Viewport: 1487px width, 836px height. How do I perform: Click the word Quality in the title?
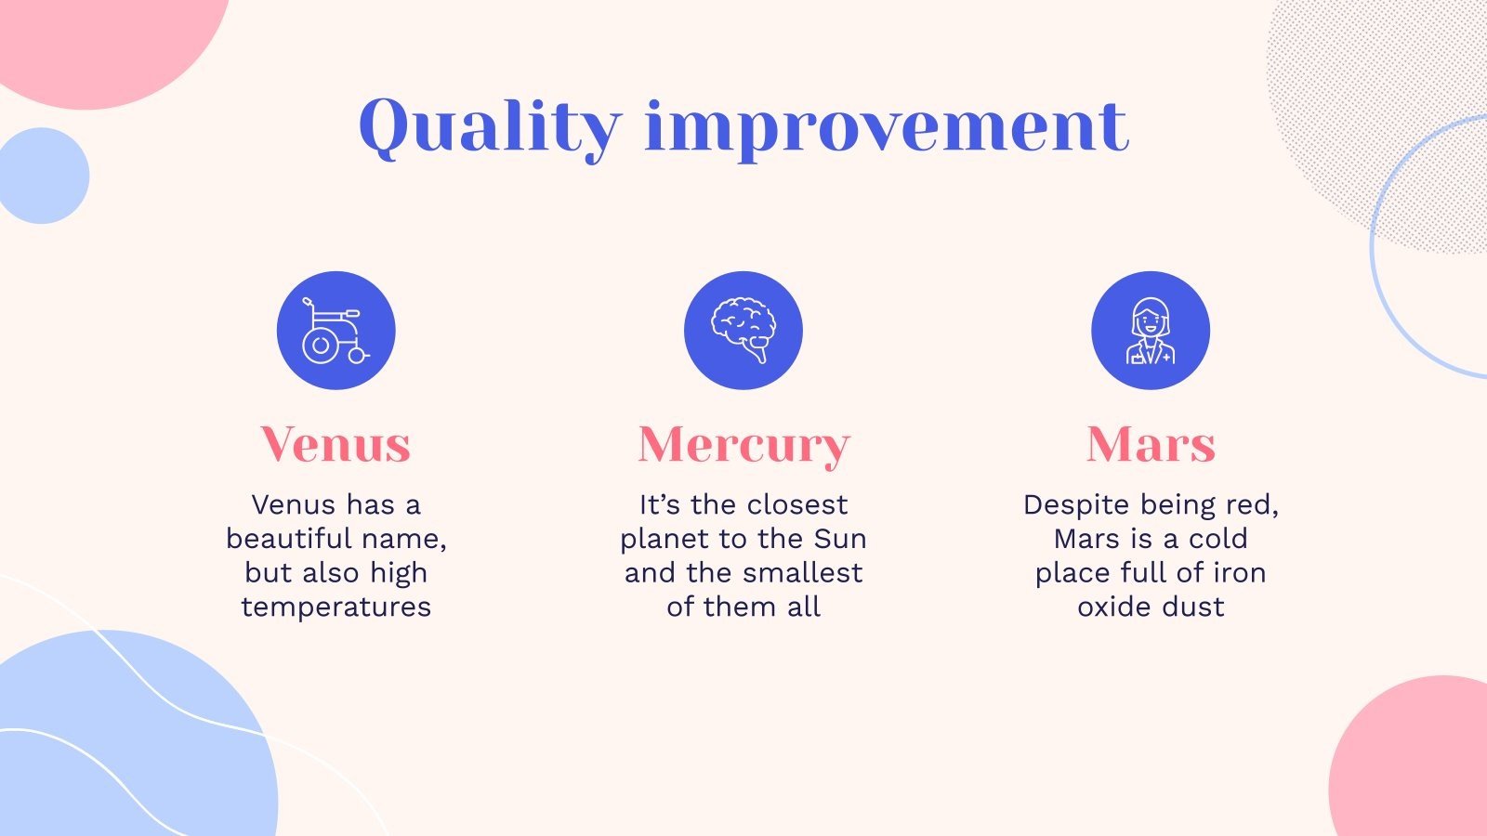coord(490,127)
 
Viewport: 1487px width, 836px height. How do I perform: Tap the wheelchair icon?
coord(336,331)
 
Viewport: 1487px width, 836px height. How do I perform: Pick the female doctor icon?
coord(1151,331)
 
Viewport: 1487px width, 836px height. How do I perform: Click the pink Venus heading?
coord(336,444)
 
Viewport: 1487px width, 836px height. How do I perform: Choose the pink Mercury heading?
coord(743,446)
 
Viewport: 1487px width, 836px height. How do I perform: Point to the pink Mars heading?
coord(1151,444)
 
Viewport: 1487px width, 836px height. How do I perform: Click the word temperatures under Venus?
coord(336,607)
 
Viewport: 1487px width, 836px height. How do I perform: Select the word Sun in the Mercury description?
coord(840,538)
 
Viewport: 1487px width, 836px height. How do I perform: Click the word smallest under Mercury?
coord(808,572)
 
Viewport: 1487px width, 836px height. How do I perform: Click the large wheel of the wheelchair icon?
coord(321,345)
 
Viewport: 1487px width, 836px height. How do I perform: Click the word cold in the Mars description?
coord(1217,538)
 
